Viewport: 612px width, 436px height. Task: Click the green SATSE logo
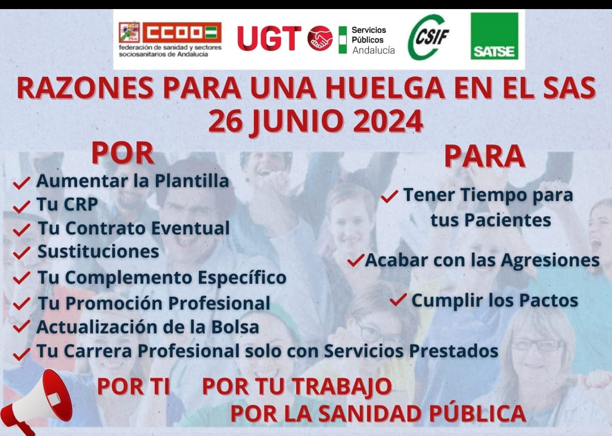(495, 36)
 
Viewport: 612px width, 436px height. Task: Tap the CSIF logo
(428, 37)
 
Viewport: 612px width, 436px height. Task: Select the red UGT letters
(269, 38)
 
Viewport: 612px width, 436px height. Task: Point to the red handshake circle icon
(320, 38)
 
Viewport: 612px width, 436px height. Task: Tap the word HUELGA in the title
(385, 88)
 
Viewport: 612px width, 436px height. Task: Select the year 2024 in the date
(388, 121)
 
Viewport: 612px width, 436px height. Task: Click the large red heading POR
(122, 153)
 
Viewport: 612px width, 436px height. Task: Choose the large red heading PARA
(484, 156)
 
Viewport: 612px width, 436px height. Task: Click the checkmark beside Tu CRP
(22, 206)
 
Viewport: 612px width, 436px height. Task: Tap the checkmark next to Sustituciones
(22, 253)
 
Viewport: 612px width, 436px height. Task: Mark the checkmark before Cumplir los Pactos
(398, 300)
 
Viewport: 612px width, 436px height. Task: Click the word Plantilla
(192, 181)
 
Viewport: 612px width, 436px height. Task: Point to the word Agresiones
(550, 260)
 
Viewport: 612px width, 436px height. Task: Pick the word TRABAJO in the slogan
(342, 387)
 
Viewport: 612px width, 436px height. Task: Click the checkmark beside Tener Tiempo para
(389, 196)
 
